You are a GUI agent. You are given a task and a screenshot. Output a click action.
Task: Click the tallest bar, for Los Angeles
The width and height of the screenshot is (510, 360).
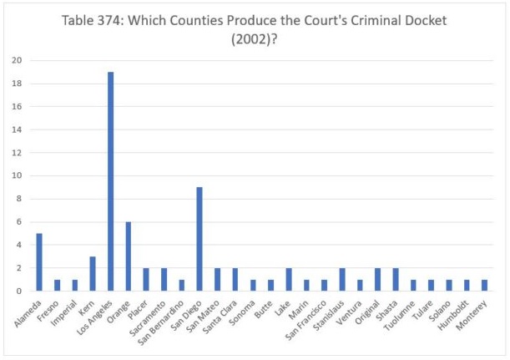110,181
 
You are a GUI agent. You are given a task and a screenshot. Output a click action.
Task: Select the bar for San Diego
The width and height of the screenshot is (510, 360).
199,239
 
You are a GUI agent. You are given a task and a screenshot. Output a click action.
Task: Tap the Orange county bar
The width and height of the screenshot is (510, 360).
128,256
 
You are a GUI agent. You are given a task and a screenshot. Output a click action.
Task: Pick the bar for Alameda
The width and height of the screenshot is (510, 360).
38,262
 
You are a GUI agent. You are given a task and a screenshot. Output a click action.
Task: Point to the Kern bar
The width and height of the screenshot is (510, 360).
92,274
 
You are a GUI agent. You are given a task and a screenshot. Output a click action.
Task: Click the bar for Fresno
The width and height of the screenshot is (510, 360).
56,286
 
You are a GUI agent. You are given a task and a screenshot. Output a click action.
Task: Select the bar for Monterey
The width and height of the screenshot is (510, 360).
486,286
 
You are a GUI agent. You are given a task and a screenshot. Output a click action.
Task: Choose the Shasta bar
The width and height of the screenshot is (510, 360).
396,280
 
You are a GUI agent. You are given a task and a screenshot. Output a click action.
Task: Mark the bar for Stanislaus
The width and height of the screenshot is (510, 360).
342,280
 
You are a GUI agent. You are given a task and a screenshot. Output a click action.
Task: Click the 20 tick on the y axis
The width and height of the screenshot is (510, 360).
16,60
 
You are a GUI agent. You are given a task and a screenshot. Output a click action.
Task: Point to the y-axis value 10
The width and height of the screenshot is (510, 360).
16,175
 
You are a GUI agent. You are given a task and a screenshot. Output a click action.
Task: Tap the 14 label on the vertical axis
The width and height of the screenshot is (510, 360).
16,129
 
